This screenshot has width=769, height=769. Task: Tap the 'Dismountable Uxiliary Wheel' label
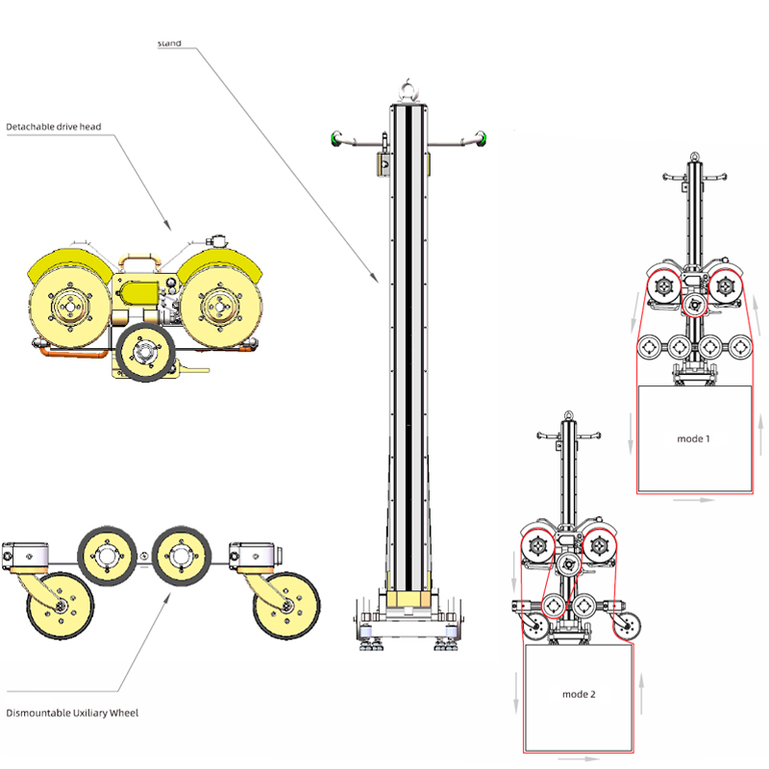(72, 713)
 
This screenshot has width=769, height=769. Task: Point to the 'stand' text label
(169, 43)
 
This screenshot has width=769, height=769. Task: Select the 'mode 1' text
(693, 438)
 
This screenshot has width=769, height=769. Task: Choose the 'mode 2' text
(579, 694)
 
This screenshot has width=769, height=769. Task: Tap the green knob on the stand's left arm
(335, 138)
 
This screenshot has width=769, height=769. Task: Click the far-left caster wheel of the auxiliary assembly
(57, 605)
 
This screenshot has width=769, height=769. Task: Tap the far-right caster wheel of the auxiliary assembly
(285, 605)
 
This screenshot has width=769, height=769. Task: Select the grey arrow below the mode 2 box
(578, 759)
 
